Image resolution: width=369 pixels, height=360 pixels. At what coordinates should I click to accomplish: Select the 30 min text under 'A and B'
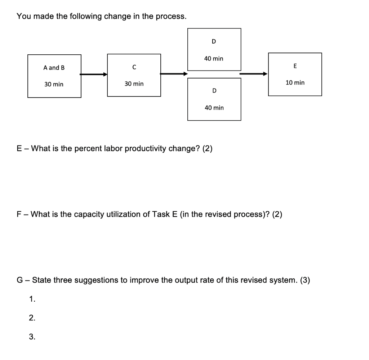[x=54, y=84]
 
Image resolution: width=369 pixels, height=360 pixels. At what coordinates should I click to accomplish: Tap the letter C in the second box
[x=134, y=67]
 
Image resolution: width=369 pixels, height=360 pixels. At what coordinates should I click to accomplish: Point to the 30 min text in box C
[x=134, y=84]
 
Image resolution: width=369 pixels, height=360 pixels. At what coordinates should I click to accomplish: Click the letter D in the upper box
[x=214, y=42]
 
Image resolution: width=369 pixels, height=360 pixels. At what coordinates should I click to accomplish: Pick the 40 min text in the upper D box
[x=214, y=58]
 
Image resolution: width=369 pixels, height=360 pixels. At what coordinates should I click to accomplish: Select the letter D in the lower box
[x=214, y=91]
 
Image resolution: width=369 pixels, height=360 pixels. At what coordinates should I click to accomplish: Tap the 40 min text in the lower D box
[x=214, y=108]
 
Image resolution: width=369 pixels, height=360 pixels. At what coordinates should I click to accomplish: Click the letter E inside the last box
[x=295, y=66]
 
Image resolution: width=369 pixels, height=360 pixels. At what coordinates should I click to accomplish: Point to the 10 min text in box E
[x=295, y=83]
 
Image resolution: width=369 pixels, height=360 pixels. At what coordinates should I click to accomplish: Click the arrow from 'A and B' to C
[x=94, y=75]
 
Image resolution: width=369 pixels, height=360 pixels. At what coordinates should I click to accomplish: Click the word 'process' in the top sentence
[x=171, y=17]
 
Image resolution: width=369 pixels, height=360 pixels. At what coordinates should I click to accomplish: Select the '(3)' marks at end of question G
[x=304, y=280]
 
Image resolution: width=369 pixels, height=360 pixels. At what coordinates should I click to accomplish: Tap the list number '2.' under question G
[x=32, y=318]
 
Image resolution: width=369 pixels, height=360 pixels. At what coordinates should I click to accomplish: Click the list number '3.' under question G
[x=32, y=337]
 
